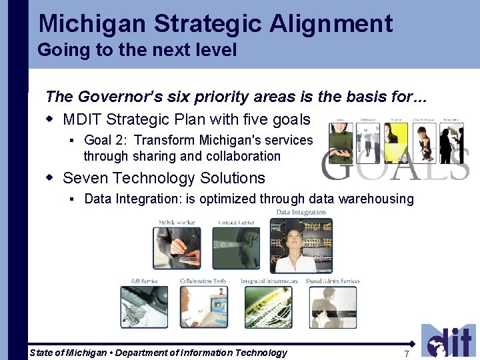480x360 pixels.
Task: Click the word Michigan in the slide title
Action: tap(92, 23)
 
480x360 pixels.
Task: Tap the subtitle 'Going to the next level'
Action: tap(137, 50)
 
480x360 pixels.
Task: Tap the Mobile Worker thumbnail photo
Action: tap(176, 247)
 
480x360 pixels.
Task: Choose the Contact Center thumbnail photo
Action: tap(235, 247)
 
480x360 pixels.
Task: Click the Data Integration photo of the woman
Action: tap(301, 245)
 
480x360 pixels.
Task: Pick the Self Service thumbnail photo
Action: tap(144, 307)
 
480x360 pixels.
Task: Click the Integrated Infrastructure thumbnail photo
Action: tap(268, 307)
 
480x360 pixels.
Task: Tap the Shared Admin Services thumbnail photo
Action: tap(333, 307)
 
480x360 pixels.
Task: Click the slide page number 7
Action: tap(406, 353)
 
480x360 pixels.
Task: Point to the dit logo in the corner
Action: tap(448, 341)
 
